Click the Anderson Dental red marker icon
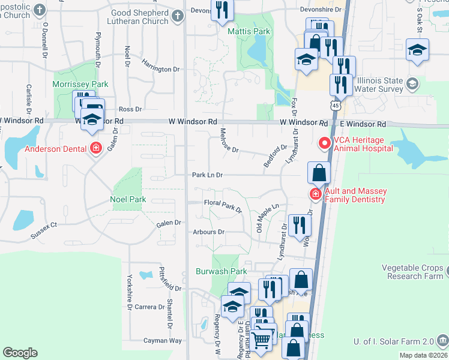coord(95,148)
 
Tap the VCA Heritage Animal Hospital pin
coord(325,143)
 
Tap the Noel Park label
coord(127,199)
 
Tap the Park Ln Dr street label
coord(207,175)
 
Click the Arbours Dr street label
coord(208,232)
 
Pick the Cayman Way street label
coord(163,340)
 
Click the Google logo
coord(20,352)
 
